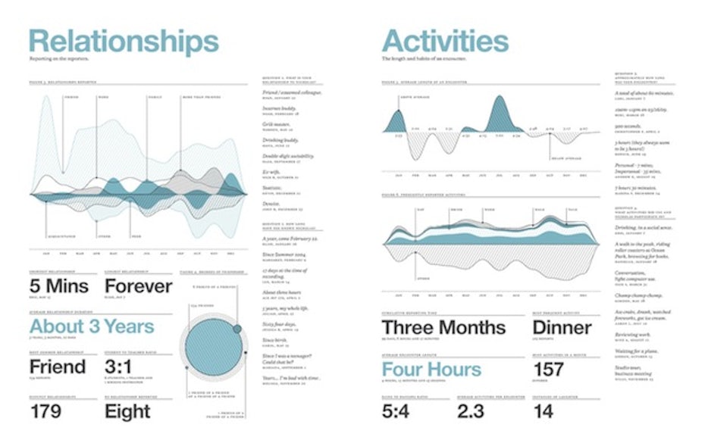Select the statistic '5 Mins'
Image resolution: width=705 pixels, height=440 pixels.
(x=58, y=286)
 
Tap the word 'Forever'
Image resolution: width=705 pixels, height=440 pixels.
(x=138, y=286)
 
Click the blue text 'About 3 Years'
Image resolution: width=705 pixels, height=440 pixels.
(x=92, y=327)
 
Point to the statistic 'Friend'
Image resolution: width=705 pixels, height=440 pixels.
(x=58, y=367)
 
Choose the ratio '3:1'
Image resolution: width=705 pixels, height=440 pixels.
(x=121, y=367)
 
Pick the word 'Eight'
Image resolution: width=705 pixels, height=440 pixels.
(x=127, y=411)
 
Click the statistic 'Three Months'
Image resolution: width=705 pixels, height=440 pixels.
(x=443, y=327)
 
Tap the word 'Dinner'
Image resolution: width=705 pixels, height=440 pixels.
(x=562, y=327)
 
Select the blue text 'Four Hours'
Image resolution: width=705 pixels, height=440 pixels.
(x=431, y=370)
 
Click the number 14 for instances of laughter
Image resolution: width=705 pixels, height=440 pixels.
(x=543, y=411)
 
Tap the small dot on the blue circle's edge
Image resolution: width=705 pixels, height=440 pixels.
(x=238, y=329)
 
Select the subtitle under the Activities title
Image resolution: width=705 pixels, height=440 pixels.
(x=425, y=58)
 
